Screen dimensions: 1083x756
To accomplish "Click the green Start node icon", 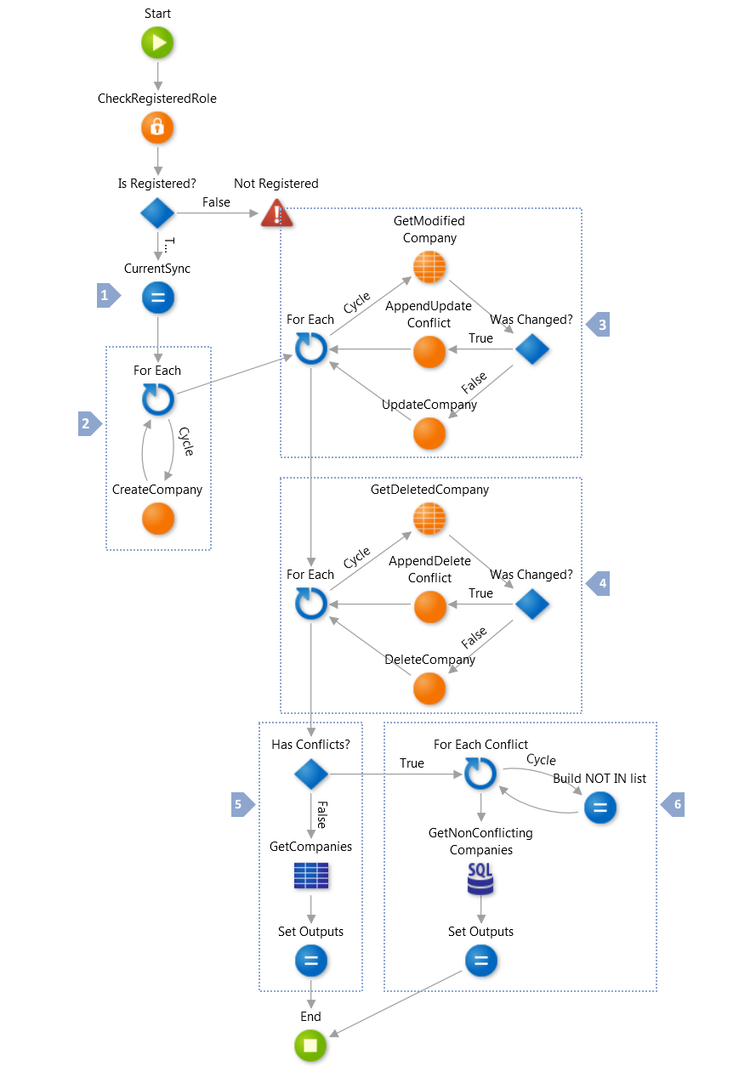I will tap(157, 43).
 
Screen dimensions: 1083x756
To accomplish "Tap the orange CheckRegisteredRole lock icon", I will tap(157, 128).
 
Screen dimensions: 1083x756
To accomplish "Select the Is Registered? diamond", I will tap(157, 213).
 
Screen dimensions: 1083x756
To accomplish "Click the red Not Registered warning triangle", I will tap(276, 213).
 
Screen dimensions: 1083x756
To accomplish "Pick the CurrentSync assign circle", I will tap(157, 298).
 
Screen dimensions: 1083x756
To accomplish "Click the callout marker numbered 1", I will tap(107, 297).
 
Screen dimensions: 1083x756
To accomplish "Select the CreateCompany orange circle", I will tap(157, 519).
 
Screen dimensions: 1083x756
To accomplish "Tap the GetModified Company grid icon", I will tap(429, 268).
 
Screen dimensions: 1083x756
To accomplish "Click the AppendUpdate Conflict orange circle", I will tap(429, 350).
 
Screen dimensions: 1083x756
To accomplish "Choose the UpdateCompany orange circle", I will tap(429, 434).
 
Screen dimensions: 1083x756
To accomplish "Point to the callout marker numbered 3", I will tap(600, 325).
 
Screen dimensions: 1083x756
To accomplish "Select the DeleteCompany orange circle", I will tap(429, 689).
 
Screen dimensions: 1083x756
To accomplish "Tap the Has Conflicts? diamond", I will tap(310, 774).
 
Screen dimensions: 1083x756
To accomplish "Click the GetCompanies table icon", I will tap(310, 876).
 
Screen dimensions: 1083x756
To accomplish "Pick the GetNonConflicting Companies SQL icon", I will tap(480, 878).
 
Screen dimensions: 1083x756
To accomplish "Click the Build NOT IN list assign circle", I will tap(600, 808).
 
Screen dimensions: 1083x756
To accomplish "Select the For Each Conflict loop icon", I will tap(480, 774).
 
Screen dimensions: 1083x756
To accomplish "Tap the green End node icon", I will tap(310, 1046).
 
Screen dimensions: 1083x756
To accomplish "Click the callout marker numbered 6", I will tap(674, 804).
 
